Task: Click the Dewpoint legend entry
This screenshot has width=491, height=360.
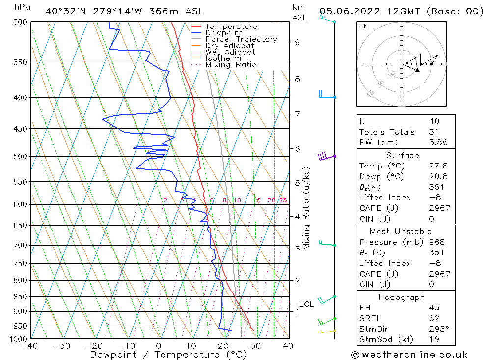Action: point(223,33)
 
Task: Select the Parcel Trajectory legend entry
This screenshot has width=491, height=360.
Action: point(241,39)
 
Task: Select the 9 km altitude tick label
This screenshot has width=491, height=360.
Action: point(298,42)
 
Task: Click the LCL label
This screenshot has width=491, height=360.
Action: point(306,304)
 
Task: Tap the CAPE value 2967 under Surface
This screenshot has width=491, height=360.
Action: point(439,208)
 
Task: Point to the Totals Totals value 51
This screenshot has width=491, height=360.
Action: point(434,132)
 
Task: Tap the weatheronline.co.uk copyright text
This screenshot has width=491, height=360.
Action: point(409,354)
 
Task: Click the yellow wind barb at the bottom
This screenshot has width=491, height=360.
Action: point(326,332)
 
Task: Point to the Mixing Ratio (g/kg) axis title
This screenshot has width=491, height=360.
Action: point(307,208)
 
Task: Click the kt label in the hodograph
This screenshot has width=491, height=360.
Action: point(363,26)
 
